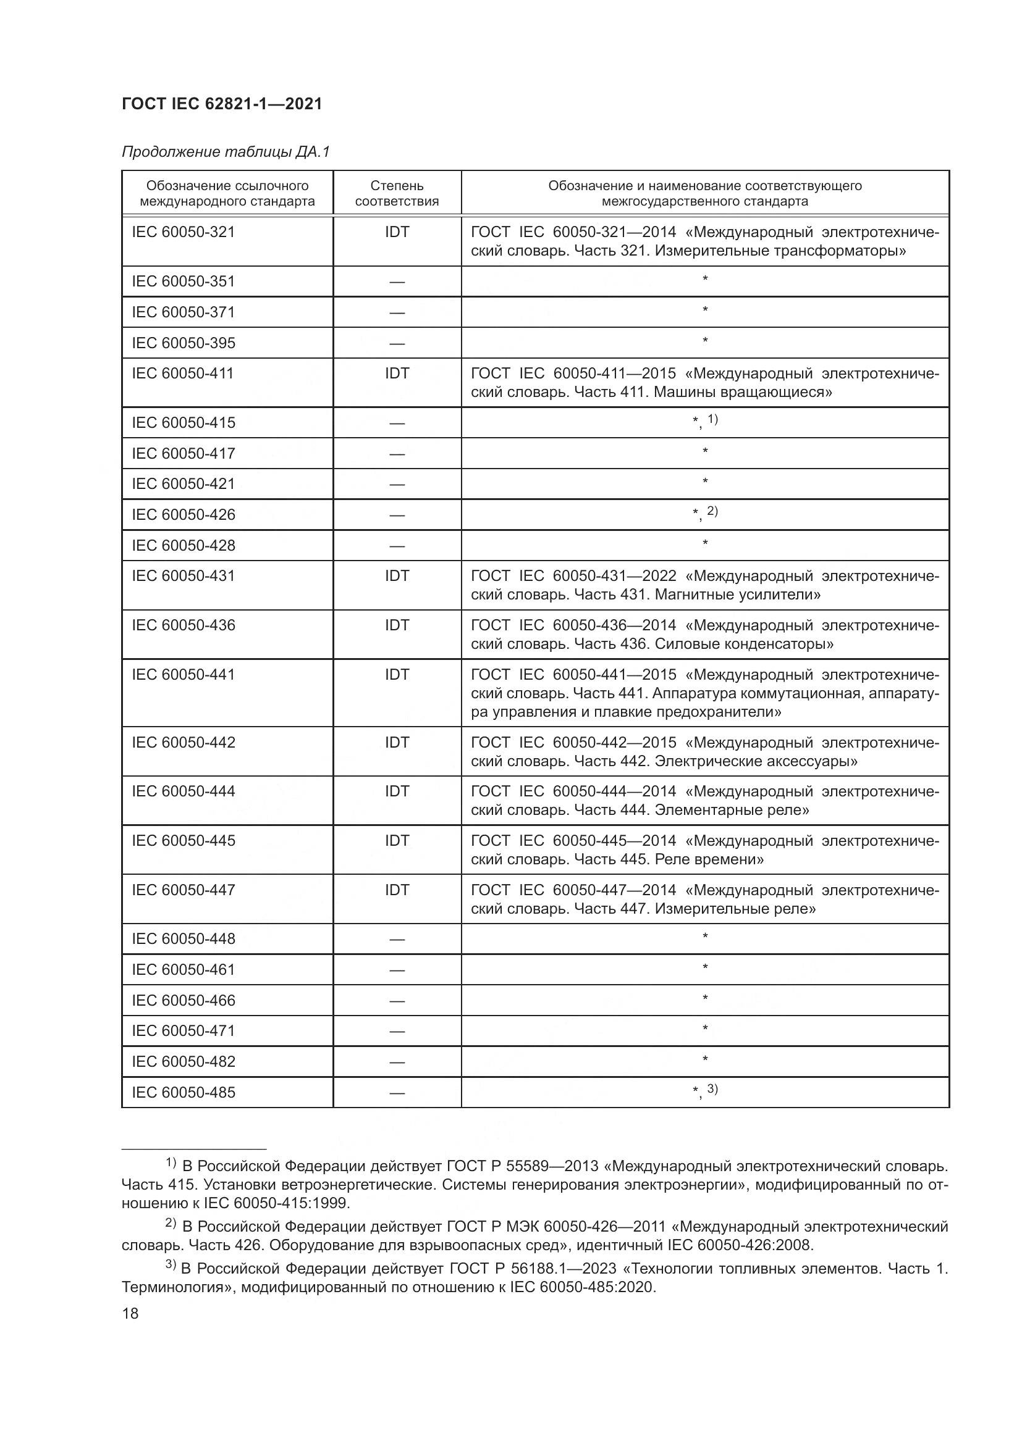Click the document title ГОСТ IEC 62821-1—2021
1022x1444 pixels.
pyautogui.click(x=222, y=104)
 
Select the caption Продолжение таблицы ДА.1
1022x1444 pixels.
pyautogui.click(x=226, y=152)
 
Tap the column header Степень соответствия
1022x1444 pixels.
pyautogui.click(x=397, y=193)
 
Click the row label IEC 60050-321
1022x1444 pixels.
pyautogui.click(x=183, y=232)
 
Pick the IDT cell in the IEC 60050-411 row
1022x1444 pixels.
pyautogui.click(x=397, y=374)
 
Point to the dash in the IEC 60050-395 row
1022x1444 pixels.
pyautogui.click(x=397, y=343)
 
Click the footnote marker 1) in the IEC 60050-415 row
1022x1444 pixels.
pyautogui.click(x=712, y=419)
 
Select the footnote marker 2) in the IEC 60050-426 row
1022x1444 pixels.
pyautogui.click(x=712, y=511)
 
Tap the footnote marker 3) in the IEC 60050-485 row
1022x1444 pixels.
pyautogui.click(x=712, y=1088)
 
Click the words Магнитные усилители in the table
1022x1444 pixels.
pyautogui.click(x=737, y=595)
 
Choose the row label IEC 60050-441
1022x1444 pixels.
pyautogui.click(x=183, y=675)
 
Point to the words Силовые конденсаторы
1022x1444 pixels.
pyautogui.click(x=744, y=644)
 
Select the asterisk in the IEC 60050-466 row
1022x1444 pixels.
pyautogui.click(x=705, y=998)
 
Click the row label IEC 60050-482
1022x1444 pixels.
pyautogui.click(x=183, y=1062)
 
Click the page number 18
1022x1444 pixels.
pyautogui.click(x=130, y=1313)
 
